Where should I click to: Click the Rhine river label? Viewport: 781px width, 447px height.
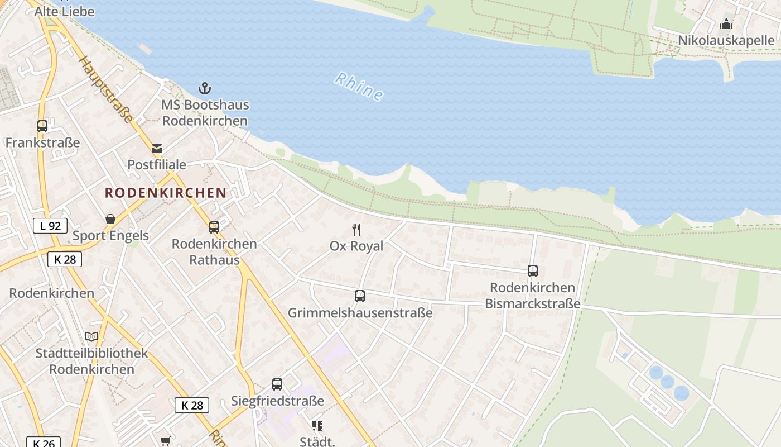(x=359, y=87)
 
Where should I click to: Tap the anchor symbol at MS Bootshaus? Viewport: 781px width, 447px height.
(x=205, y=88)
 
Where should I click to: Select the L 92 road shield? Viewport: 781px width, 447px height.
(x=50, y=226)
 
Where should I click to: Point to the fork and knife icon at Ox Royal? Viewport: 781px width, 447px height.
(x=356, y=230)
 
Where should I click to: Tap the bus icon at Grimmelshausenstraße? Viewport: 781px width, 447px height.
(x=360, y=296)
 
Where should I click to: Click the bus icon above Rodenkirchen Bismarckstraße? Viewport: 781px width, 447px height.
(x=533, y=271)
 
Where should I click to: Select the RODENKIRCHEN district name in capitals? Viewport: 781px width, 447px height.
(x=166, y=193)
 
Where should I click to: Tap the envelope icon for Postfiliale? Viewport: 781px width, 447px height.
(x=157, y=148)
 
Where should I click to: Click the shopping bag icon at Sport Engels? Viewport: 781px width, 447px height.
(x=110, y=219)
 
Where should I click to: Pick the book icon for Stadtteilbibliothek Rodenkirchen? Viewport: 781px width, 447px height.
(x=91, y=336)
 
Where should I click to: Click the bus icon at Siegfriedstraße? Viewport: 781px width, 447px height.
(x=277, y=384)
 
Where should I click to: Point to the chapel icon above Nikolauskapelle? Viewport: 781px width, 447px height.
(x=726, y=24)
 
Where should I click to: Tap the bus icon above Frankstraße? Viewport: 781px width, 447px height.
(x=42, y=126)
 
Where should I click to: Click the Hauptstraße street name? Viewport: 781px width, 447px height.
(x=106, y=89)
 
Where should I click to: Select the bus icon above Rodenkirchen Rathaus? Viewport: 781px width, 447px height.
(x=214, y=227)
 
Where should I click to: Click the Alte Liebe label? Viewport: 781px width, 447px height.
(x=65, y=11)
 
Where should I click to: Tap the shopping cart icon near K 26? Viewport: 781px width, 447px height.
(x=165, y=441)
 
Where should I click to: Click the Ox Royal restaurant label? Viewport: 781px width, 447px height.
(x=356, y=246)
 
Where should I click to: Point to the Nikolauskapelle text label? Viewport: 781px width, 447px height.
(x=726, y=40)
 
